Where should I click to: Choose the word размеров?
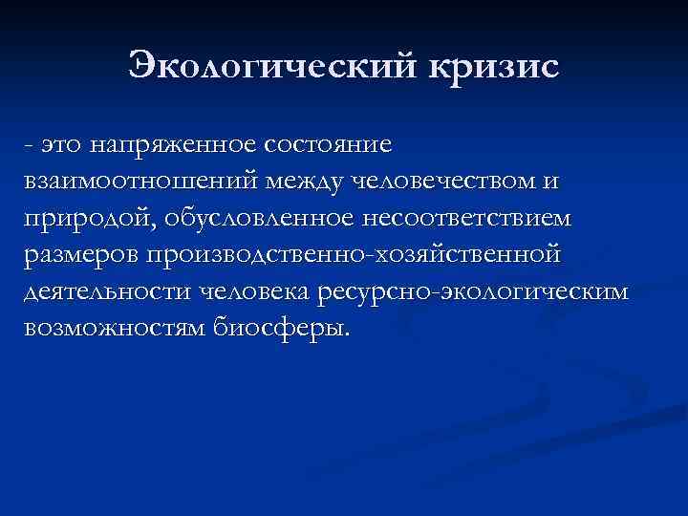(x=79, y=255)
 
